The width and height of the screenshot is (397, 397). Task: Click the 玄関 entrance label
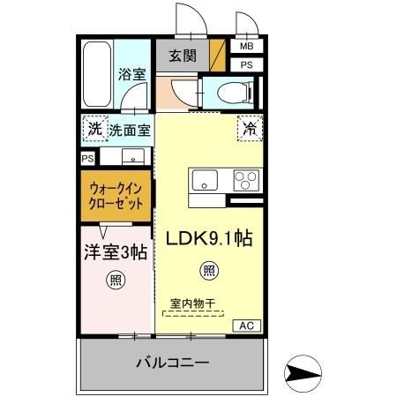183,56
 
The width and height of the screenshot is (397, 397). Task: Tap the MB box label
246,46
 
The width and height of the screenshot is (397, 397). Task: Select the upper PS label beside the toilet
246,64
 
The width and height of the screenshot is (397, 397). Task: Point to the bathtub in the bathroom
97,75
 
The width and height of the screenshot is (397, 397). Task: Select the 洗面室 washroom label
130,130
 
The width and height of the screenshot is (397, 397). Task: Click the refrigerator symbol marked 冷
250,128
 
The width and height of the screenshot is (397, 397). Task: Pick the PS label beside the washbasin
87,158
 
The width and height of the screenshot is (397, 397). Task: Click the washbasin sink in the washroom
132,158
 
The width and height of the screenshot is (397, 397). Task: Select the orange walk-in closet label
115,195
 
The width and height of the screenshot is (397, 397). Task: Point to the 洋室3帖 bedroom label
116,252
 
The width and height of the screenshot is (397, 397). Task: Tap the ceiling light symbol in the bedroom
115,281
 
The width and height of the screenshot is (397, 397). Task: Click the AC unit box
247,326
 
